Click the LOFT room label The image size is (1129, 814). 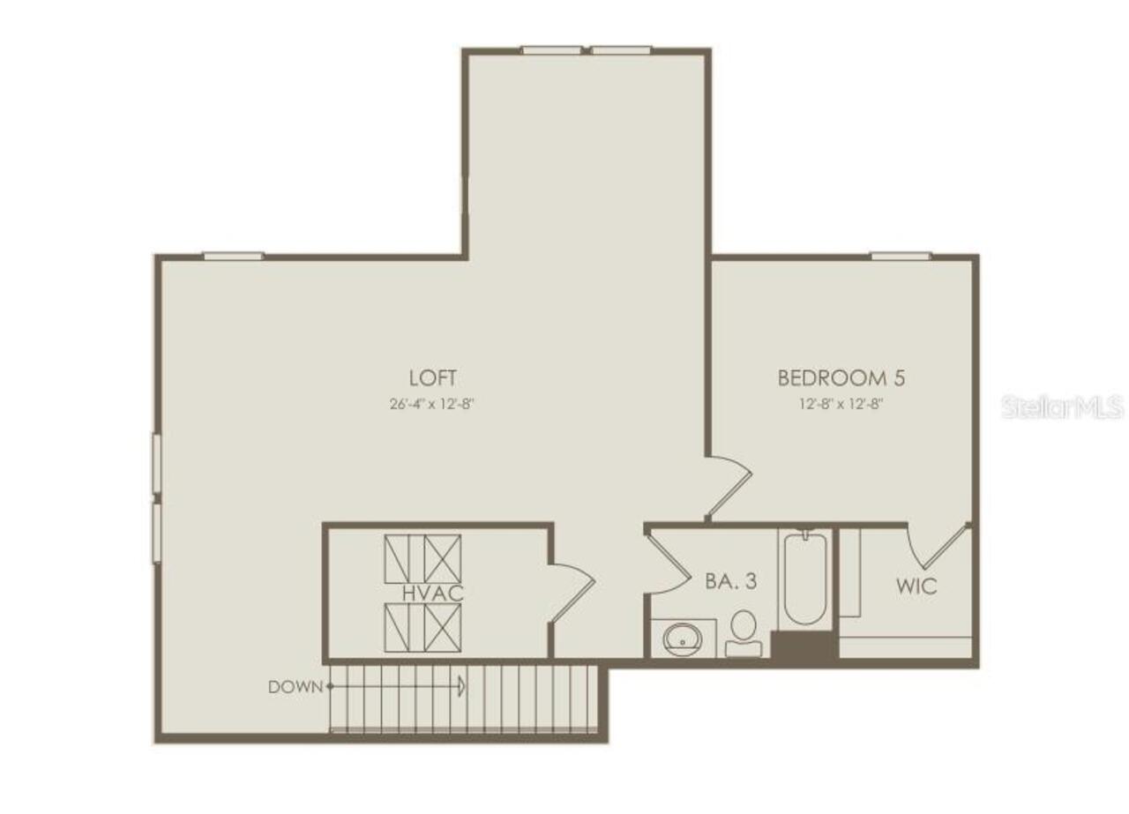pos(433,378)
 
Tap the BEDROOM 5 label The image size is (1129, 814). pos(841,378)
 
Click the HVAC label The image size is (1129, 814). pos(433,593)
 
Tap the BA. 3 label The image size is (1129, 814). pos(731,582)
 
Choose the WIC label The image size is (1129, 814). pos(916,586)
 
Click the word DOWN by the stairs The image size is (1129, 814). pos(295,686)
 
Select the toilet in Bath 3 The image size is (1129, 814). pos(744,632)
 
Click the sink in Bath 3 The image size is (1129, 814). pos(681,637)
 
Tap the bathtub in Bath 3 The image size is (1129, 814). pos(804,578)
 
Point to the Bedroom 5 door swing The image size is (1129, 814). pos(729,484)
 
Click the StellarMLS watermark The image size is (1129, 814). pos(1063,407)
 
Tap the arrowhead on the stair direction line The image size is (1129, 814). pos(461,685)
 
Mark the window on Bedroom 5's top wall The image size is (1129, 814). pos(901,256)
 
